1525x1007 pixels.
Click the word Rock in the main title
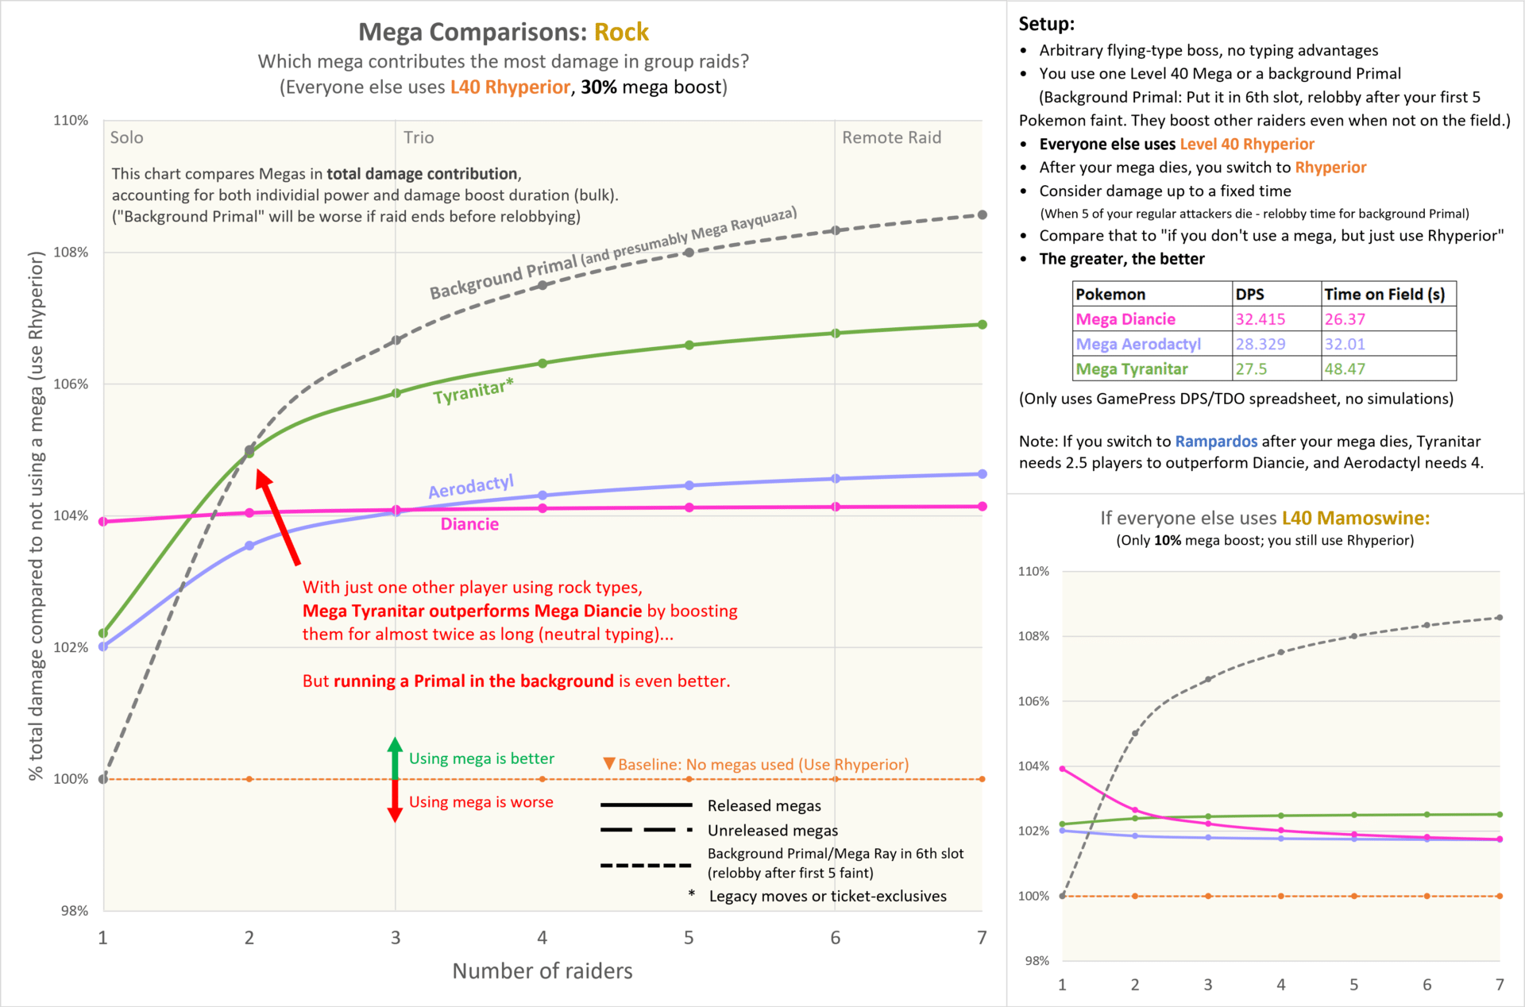(x=621, y=32)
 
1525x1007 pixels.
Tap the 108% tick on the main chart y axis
(x=71, y=253)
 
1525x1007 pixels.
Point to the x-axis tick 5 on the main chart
(x=689, y=938)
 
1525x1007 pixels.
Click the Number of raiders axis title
(x=542, y=971)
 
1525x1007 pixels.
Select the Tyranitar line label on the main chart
(x=473, y=391)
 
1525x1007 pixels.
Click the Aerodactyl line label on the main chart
(x=471, y=487)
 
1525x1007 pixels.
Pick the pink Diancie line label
(x=469, y=524)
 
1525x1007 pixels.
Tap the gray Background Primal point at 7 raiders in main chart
(x=983, y=215)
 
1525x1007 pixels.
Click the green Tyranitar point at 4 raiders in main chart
(x=542, y=364)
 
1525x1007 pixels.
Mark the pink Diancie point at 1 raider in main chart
(x=103, y=522)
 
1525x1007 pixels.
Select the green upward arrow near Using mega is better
(x=395, y=758)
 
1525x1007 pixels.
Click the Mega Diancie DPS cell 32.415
(x=1260, y=319)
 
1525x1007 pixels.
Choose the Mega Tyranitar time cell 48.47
(x=1345, y=369)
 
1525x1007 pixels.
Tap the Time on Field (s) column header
(x=1384, y=295)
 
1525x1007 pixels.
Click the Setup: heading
(x=1046, y=24)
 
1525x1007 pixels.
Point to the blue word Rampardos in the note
(x=1216, y=442)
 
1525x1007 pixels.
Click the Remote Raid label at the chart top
(x=891, y=137)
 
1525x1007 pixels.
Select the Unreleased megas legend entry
(x=772, y=831)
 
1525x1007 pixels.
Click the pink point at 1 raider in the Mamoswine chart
(x=1063, y=769)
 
